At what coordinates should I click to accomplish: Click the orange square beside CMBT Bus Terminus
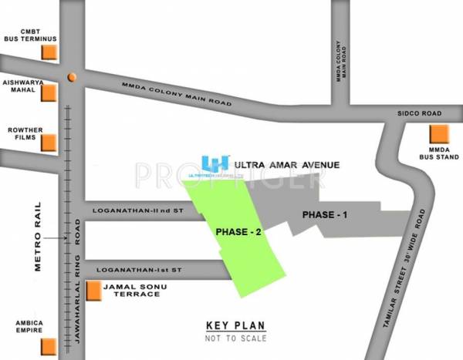click(50, 52)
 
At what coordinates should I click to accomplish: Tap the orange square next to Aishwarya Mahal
click(50, 93)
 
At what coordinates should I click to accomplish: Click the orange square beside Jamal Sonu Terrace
click(94, 291)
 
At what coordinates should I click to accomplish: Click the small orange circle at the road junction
click(71, 77)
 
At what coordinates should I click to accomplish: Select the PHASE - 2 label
click(231, 230)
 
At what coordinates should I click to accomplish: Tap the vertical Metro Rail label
click(39, 236)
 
